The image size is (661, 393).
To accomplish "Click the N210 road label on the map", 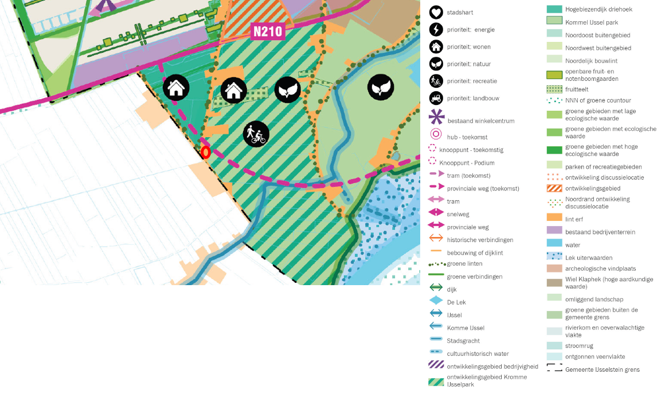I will click(x=268, y=31).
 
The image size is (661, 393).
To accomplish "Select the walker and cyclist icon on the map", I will click(x=256, y=134).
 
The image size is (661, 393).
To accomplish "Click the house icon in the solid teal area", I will click(x=176, y=88).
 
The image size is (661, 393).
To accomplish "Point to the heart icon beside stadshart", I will click(x=436, y=12).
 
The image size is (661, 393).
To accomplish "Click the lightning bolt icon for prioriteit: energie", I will click(x=436, y=29).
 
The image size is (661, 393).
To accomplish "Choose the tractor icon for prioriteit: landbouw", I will click(x=436, y=98).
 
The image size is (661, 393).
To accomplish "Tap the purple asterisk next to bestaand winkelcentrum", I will click(x=436, y=118).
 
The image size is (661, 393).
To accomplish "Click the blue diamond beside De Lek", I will click(x=436, y=301).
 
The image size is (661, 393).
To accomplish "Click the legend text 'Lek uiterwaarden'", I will click(x=588, y=258).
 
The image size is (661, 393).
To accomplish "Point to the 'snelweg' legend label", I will click(x=457, y=214).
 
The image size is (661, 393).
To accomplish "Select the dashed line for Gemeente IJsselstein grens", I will click(x=554, y=369).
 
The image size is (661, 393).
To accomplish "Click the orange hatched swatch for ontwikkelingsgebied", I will click(x=554, y=188).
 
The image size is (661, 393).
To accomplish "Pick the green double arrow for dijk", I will click(x=436, y=289).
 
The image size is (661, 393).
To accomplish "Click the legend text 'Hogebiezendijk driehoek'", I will click(x=599, y=10).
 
